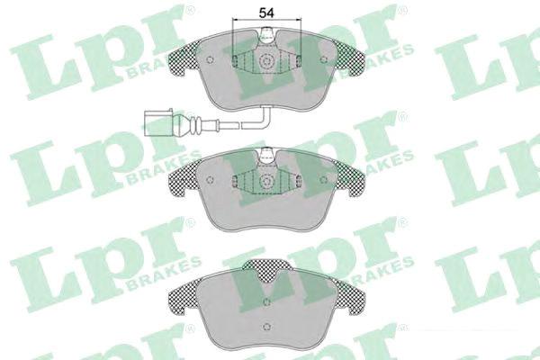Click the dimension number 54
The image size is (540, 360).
(266, 13)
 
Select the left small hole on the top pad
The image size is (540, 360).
(210, 59)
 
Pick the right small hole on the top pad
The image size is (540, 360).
(323, 59)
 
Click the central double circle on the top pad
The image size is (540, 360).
(266, 62)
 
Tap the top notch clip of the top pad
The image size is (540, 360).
(267, 36)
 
